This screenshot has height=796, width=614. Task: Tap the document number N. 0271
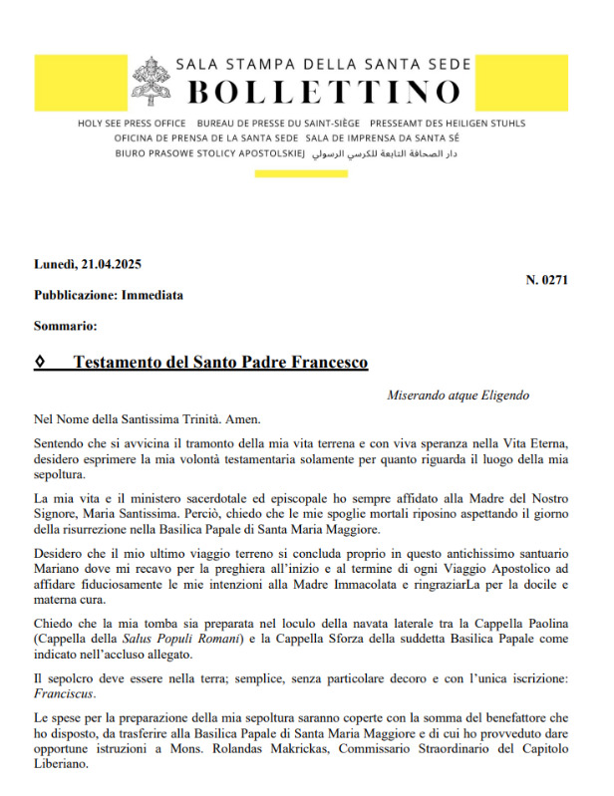click(546, 280)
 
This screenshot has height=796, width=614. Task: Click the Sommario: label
click(65, 325)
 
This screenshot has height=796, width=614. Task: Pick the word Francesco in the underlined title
click(323, 362)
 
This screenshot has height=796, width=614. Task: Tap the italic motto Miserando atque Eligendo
click(458, 396)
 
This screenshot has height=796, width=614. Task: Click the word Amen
click(221, 420)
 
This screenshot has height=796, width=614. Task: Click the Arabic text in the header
click(399, 157)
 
